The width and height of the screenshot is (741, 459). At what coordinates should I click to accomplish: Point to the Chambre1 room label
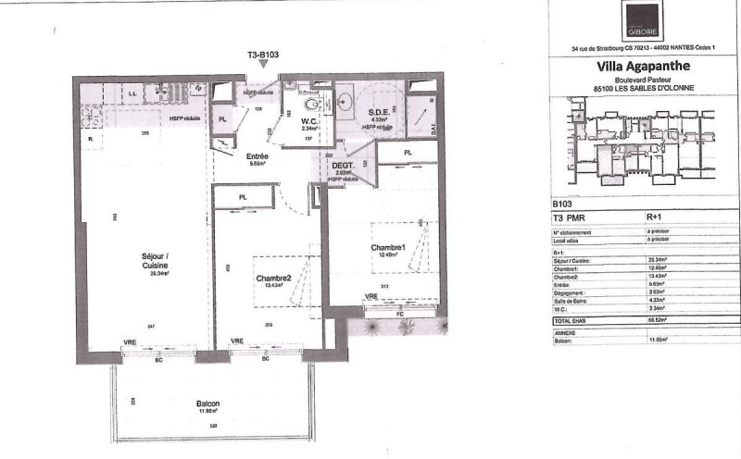389,249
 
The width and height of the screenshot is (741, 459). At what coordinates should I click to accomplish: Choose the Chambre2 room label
273,279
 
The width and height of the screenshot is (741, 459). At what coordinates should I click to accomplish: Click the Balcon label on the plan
207,405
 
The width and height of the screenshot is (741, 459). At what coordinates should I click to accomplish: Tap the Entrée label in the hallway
257,157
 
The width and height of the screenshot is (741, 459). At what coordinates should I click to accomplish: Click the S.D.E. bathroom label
378,112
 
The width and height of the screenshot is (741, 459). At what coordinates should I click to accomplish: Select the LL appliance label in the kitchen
133,93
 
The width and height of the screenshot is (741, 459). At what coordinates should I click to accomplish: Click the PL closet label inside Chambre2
243,197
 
